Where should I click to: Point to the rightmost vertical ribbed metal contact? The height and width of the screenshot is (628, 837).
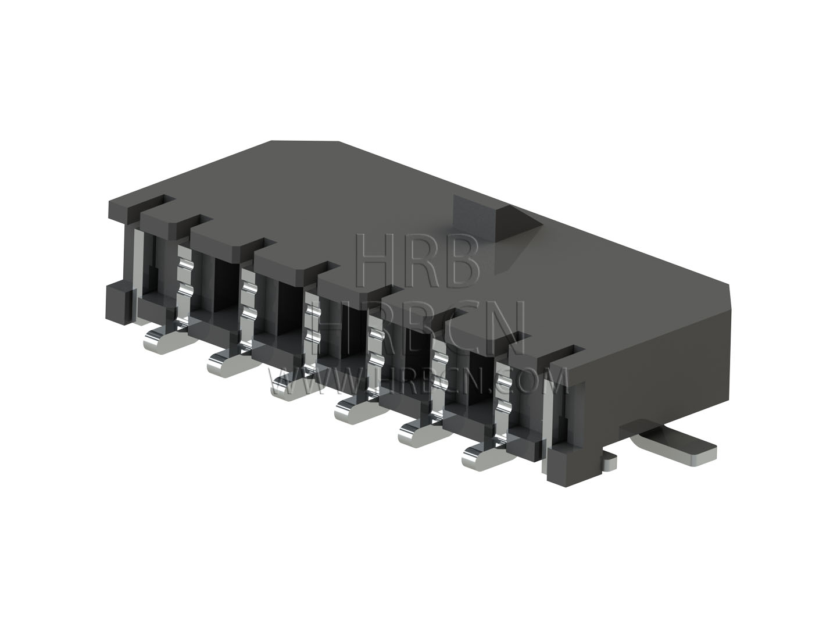click(504, 405)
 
